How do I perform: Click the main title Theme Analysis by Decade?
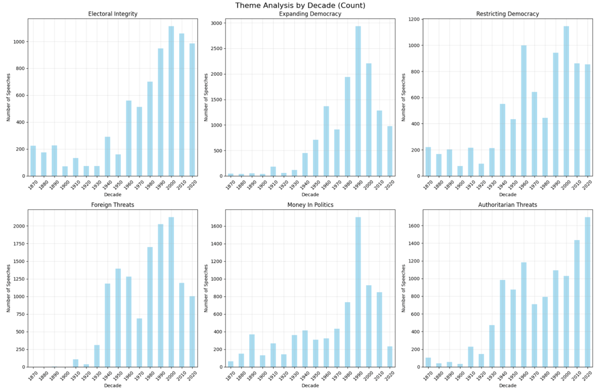pos(300,6)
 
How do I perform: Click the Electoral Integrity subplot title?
pos(113,14)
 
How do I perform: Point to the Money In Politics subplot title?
pos(310,204)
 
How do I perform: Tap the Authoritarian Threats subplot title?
pos(508,204)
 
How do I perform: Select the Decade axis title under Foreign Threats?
pos(113,385)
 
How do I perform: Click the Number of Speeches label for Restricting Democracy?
pos(404,97)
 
